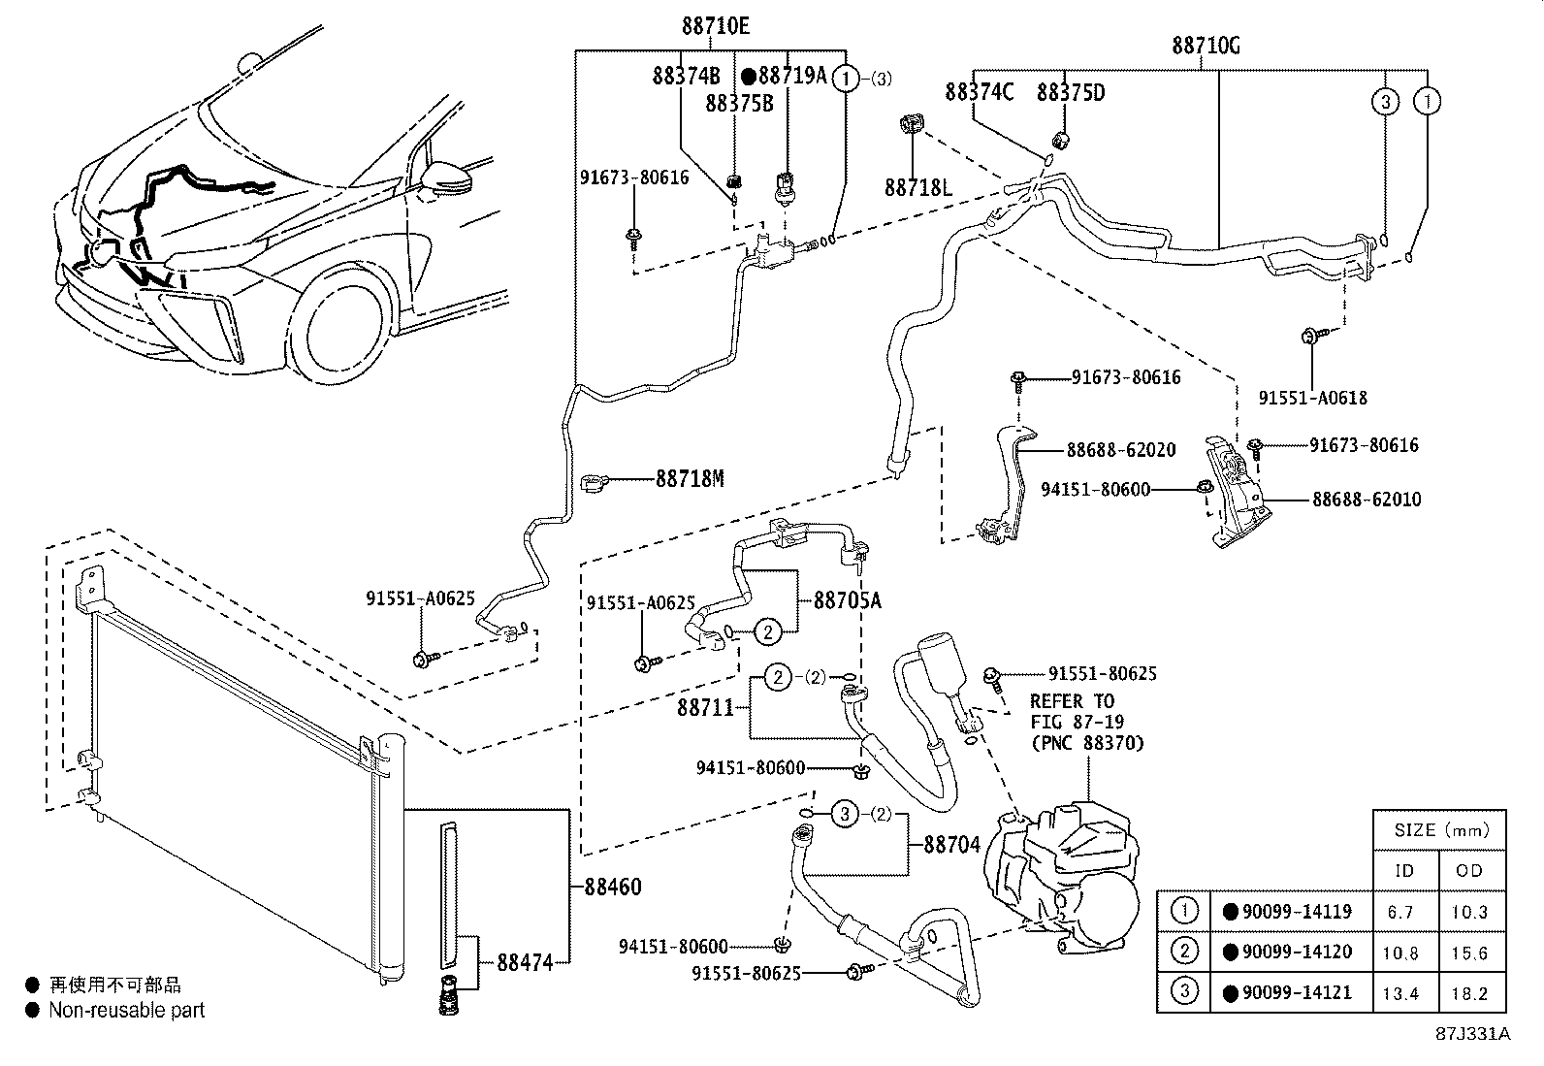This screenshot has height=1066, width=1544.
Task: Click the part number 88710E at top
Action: (x=716, y=26)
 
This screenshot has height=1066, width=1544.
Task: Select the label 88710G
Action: (x=1206, y=46)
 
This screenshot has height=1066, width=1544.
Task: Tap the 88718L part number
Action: (x=918, y=187)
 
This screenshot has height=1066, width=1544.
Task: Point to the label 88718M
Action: (x=690, y=478)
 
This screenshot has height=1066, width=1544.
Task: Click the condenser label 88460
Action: (x=613, y=887)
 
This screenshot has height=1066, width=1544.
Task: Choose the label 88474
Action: (x=526, y=962)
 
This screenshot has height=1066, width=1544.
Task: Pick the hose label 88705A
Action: (x=847, y=600)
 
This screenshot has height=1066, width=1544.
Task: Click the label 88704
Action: (x=951, y=845)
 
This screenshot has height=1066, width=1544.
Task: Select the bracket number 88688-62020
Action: (x=1121, y=450)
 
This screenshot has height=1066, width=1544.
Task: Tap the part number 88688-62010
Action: (x=1367, y=500)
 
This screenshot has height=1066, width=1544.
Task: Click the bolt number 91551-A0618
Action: (x=1312, y=398)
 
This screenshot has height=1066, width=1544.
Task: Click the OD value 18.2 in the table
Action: (x=1469, y=993)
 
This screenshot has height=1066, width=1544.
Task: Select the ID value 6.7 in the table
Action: (x=1400, y=912)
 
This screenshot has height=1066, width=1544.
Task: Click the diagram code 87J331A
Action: (x=1473, y=1034)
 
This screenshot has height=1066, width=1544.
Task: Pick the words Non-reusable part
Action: (x=127, y=1010)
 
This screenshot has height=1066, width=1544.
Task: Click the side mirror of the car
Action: (x=447, y=178)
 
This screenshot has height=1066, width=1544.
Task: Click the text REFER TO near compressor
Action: (x=1072, y=701)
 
